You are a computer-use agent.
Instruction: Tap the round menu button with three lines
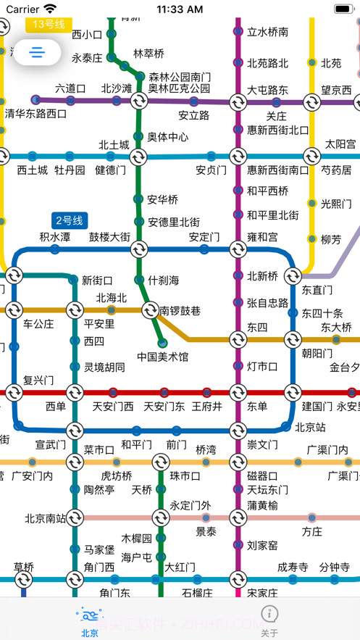38,52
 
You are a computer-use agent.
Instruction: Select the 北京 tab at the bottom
90,622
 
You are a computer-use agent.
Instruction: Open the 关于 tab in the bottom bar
269,622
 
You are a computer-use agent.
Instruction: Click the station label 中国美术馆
163,357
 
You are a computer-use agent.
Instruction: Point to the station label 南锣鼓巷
180,311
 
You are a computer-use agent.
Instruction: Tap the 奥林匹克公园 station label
180,88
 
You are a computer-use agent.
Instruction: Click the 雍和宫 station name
262,237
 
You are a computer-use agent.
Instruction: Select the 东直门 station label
317,289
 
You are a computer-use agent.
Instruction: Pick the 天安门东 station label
164,407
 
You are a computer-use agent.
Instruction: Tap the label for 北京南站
45,518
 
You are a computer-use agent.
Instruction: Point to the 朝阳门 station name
317,353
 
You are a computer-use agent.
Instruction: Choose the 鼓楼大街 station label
109,237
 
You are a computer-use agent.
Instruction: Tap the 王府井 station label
206,407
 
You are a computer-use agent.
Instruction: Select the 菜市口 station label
99,449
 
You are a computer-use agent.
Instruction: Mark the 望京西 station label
337,91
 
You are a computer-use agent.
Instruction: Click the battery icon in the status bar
342,9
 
